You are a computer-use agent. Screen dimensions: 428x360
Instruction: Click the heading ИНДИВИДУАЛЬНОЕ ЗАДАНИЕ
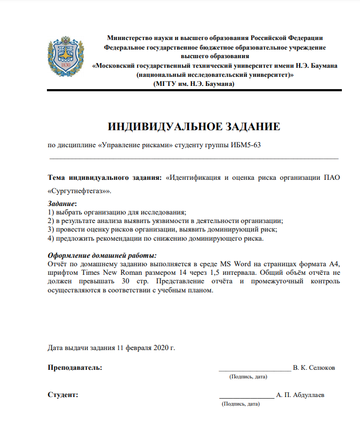tap(194, 127)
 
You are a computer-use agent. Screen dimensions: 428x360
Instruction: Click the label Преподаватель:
tap(75, 368)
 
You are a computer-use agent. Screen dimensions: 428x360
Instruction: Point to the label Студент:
tap(63, 395)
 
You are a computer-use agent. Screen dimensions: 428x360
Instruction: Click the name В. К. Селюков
tap(314, 368)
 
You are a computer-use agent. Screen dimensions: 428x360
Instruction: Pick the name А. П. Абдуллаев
tap(300, 395)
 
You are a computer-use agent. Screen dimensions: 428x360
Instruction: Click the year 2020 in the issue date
tap(160, 348)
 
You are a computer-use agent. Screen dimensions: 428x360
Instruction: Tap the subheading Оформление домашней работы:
tap(102, 256)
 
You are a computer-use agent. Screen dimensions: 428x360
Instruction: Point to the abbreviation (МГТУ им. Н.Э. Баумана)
tap(193, 84)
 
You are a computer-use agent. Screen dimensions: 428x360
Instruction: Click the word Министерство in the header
tap(129, 37)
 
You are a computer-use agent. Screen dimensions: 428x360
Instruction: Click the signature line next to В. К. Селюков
tap(254, 368)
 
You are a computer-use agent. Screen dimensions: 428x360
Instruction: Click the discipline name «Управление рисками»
tap(135, 145)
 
